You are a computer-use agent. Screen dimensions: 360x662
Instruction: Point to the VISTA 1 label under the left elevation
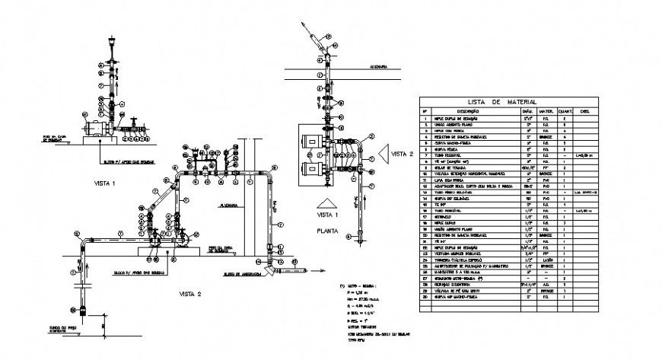[105, 183]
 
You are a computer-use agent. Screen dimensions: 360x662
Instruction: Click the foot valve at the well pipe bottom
[82, 310]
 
